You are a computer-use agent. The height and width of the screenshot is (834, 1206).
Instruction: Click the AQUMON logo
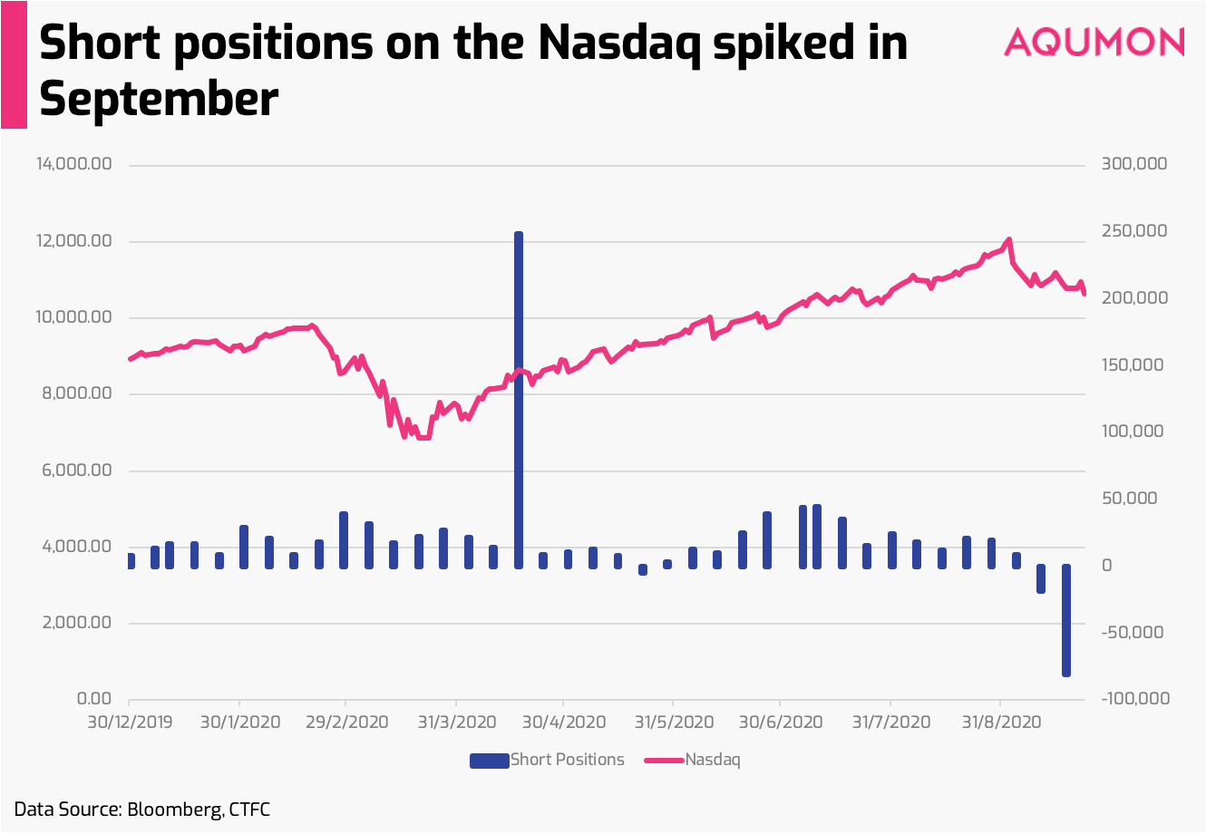point(1094,42)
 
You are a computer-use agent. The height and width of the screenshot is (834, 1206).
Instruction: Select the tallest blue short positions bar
point(519,400)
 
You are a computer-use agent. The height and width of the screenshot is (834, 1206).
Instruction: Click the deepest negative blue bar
point(1066,620)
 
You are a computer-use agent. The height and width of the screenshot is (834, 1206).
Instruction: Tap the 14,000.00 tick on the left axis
point(74,164)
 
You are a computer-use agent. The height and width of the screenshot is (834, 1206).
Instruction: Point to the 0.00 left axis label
point(94,699)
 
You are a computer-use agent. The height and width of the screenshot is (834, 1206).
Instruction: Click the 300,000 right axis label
point(1134,164)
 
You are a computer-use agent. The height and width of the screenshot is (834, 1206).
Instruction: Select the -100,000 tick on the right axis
point(1135,699)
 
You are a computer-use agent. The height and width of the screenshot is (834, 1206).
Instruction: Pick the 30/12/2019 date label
point(130,722)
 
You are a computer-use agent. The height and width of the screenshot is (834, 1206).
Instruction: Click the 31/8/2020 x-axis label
point(1001,722)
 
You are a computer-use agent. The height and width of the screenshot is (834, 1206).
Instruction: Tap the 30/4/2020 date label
point(564,722)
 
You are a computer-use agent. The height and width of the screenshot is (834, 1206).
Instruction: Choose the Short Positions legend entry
point(547,760)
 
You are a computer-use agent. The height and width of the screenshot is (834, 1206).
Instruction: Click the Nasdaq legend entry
point(693,760)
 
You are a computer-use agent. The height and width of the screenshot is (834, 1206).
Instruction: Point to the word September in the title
point(159,99)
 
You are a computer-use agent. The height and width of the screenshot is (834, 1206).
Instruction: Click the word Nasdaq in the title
point(619,44)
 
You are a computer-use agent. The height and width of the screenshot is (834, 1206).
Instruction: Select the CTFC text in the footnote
point(249,810)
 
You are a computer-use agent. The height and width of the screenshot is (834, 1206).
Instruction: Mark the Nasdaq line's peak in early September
point(1009,239)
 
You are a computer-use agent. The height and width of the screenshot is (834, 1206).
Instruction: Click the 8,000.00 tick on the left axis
point(77,393)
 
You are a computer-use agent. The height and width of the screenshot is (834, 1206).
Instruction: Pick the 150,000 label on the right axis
point(1133,365)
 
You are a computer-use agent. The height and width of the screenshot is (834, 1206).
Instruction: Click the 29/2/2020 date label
point(346,722)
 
